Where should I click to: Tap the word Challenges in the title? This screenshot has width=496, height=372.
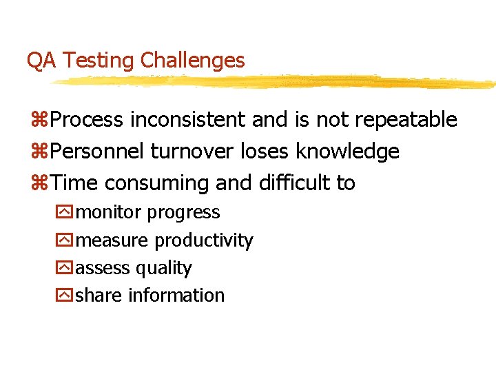(x=192, y=61)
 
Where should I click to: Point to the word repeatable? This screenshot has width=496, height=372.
(x=406, y=120)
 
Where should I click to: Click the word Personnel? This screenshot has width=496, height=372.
(x=99, y=152)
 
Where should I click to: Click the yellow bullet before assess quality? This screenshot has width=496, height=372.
(x=63, y=268)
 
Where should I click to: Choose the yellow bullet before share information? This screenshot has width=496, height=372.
(x=63, y=296)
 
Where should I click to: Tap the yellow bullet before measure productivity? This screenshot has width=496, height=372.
(x=63, y=240)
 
